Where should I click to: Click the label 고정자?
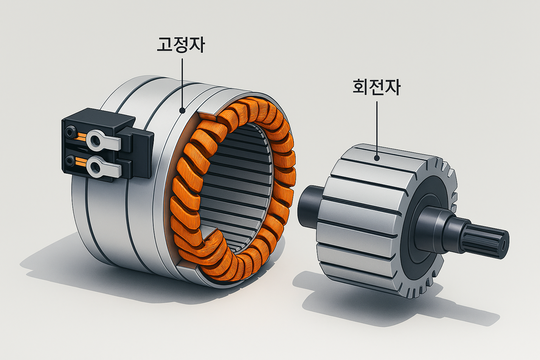pyautogui.click(x=181, y=45)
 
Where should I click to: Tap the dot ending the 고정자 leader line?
pyautogui.click(x=182, y=111)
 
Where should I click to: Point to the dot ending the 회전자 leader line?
pyautogui.click(x=377, y=158)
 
